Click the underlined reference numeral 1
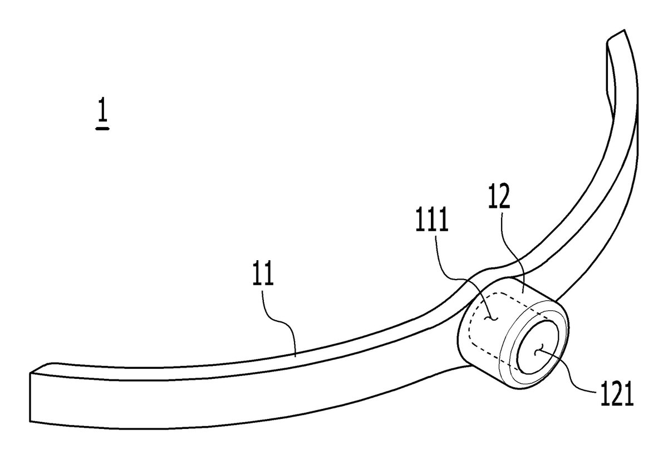pyautogui.click(x=102, y=109)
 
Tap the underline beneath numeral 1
pyautogui.click(x=102, y=129)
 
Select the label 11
pyautogui.click(x=263, y=273)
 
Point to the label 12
pyautogui.click(x=499, y=196)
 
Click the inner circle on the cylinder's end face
pyautogui.click(x=538, y=348)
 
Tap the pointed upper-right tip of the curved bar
pyautogui.click(x=624, y=30)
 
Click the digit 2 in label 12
pyautogui.click(x=504, y=196)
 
